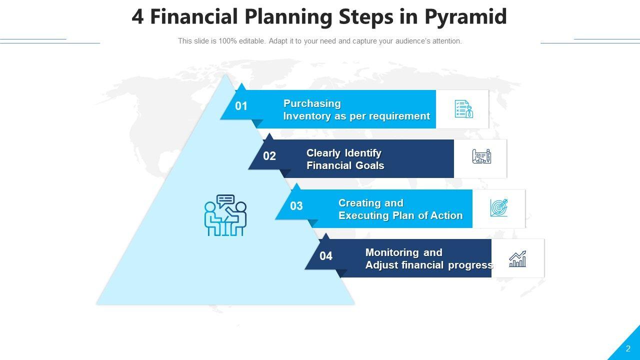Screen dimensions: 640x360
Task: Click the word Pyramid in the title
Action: click(x=465, y=17)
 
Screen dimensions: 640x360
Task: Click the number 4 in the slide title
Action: click(x=137, y=16)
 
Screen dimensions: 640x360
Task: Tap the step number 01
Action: click(x=241, y=106)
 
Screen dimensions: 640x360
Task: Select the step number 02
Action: click(x=269, y=156)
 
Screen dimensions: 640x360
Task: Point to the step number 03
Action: click(x=296, y=206)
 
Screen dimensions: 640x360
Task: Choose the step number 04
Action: click(x=326, y=256)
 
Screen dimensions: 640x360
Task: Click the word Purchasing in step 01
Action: click(x=312, y=103)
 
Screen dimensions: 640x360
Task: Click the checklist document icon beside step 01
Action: click(x=464, y=109)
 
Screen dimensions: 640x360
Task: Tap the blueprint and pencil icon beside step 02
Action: click(x=481, y=156)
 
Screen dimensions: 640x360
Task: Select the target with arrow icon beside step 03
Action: click(x=499, y=207)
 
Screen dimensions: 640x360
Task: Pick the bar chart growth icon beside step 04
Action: click(x=517, y=259)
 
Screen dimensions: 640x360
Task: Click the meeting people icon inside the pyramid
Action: click(x=225, y=215)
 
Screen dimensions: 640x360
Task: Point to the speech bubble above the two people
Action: click(x=225, y=200)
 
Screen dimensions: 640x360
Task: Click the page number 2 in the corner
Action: click(x=628, y=348)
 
